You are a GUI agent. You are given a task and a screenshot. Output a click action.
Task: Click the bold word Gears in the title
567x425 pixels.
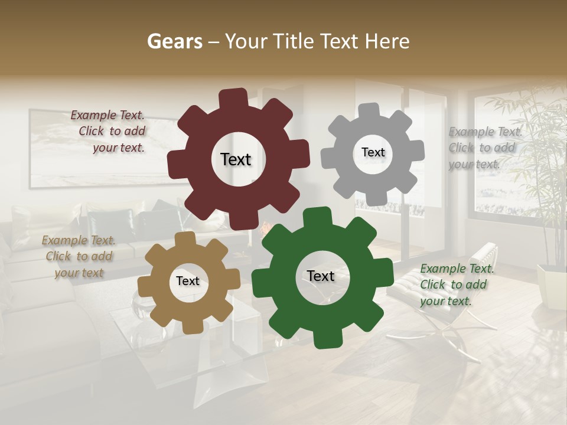174,41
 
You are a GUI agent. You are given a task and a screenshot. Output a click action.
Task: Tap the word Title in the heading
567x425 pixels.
296,41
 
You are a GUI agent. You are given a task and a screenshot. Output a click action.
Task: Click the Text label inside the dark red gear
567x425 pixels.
236,159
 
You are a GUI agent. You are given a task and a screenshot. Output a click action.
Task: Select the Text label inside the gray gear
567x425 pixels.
373,152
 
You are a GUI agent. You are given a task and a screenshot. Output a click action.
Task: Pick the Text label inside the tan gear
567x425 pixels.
188,282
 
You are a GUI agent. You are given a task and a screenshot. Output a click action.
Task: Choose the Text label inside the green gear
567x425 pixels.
321,276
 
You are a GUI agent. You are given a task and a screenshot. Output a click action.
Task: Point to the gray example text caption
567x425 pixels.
484,148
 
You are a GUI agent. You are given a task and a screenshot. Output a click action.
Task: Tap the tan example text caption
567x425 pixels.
79,256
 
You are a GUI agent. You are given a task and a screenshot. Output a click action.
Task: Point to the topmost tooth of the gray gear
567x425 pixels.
369,111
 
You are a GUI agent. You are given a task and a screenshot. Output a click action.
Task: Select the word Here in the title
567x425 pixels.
387,41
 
